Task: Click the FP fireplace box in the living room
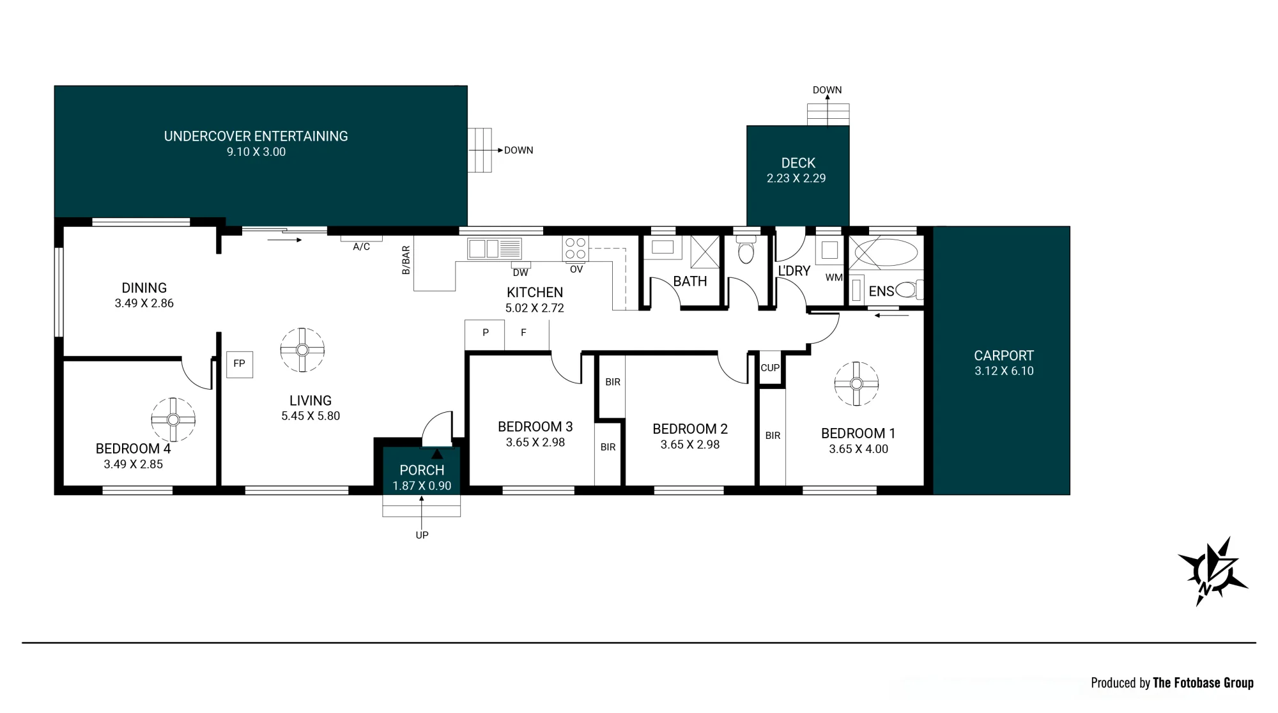pos(240,364)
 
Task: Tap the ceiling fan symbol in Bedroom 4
pos(173,420)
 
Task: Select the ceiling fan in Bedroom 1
pos(856,384)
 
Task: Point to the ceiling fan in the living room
pos(302,350)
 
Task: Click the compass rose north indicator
pos(1212,571)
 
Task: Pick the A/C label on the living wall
pos(362,247)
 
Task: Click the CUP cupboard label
pos(770,368)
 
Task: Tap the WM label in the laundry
pos(834,277)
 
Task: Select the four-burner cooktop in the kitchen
pos(576,249)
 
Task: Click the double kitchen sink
pos(495,248)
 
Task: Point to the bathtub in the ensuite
pos(886,252)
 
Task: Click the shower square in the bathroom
pos(705,252)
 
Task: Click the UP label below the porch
pos(422,535)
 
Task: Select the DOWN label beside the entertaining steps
pos(518,151)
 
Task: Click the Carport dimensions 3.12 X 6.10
pos(1004,371)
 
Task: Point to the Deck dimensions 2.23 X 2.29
pos(796,178)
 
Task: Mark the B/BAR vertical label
pos(406,261)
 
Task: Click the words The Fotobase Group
pos(1203,683)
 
